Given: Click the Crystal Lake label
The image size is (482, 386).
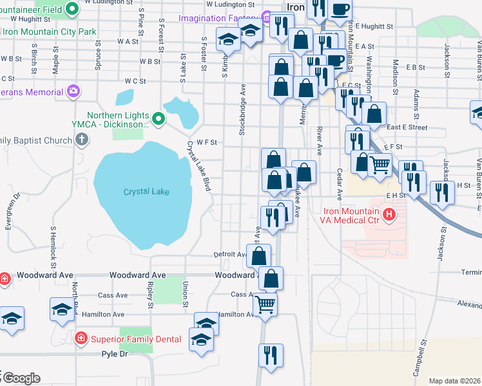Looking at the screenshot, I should click(146, 192).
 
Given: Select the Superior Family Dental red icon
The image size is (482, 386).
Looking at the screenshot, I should click(81, 338).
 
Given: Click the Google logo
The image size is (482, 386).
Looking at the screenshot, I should click(21, 378).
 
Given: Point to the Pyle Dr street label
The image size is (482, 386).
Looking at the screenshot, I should click(115, 354).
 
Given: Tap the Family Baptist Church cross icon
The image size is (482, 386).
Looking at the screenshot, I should click(81, 140).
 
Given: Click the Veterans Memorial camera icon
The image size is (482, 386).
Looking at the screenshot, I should click(73, 91).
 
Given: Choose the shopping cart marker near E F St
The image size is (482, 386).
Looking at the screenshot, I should click(380, 164).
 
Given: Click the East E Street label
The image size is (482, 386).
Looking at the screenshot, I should click(408, 127).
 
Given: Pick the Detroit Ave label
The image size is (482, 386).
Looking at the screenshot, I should click(230, 255).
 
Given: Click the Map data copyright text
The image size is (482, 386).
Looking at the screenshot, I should click(454, 381).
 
